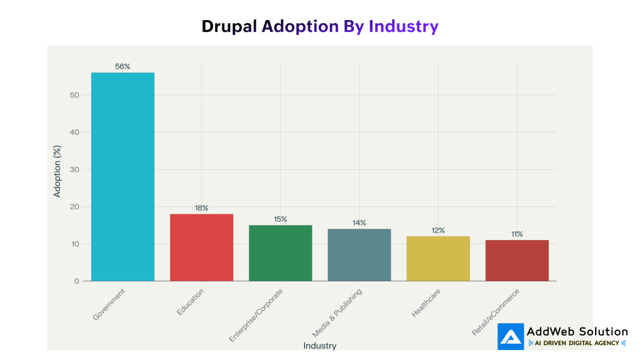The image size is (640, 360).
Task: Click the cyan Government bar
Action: point(122,177)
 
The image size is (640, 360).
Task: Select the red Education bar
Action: point(201,247)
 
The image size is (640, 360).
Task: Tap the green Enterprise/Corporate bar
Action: point(280,253)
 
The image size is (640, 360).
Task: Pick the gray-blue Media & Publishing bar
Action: point(359,255)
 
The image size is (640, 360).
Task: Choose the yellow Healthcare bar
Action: point(438,259)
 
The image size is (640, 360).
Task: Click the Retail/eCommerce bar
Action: point(517,261)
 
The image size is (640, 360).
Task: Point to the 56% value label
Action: point(122,66)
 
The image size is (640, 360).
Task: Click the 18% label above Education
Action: point(201,207)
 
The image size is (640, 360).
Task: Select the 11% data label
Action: point(517,234)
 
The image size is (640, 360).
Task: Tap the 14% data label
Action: point(359,222)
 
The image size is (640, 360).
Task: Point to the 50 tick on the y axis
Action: point(74,95)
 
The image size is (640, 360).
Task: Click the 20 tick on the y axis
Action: point(74,207)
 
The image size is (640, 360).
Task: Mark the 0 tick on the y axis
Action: point(77,281)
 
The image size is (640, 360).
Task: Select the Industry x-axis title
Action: point(319,346)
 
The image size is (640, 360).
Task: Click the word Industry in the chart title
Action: point(403,26)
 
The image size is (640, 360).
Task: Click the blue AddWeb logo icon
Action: point(511,336)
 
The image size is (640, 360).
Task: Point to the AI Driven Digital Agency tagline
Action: point(577,343)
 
